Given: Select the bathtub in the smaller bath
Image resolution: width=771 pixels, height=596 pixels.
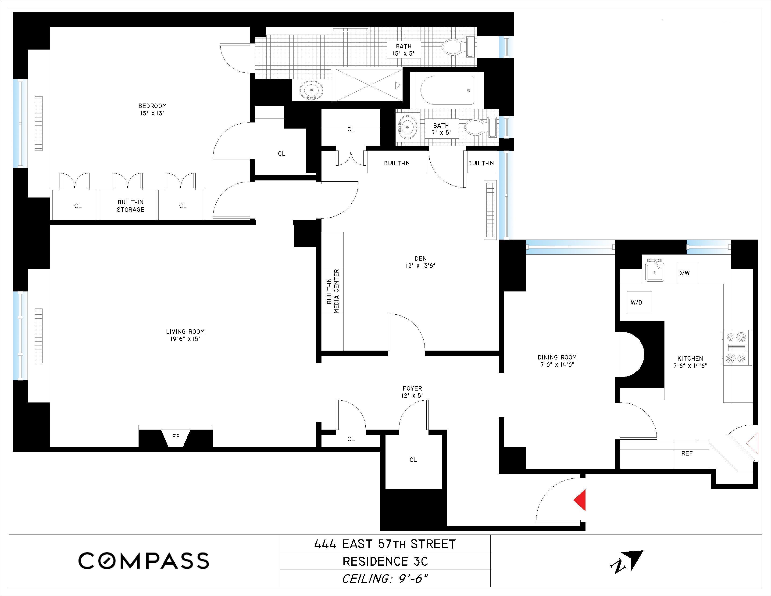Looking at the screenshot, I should tap(447, 90).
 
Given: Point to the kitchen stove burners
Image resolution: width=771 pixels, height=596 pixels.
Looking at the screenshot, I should tap(736, 348).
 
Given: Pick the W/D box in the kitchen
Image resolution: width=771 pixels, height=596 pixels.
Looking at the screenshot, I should tap(639, 303).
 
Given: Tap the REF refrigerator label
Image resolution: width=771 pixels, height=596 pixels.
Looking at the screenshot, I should tap(687, 453).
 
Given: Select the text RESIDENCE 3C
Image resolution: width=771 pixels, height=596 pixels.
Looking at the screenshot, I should tap(385, 561).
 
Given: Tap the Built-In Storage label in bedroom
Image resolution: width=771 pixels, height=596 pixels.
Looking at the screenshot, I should tap(130, 206).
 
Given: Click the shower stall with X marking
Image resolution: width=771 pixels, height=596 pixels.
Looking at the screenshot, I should tap(368, 85).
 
